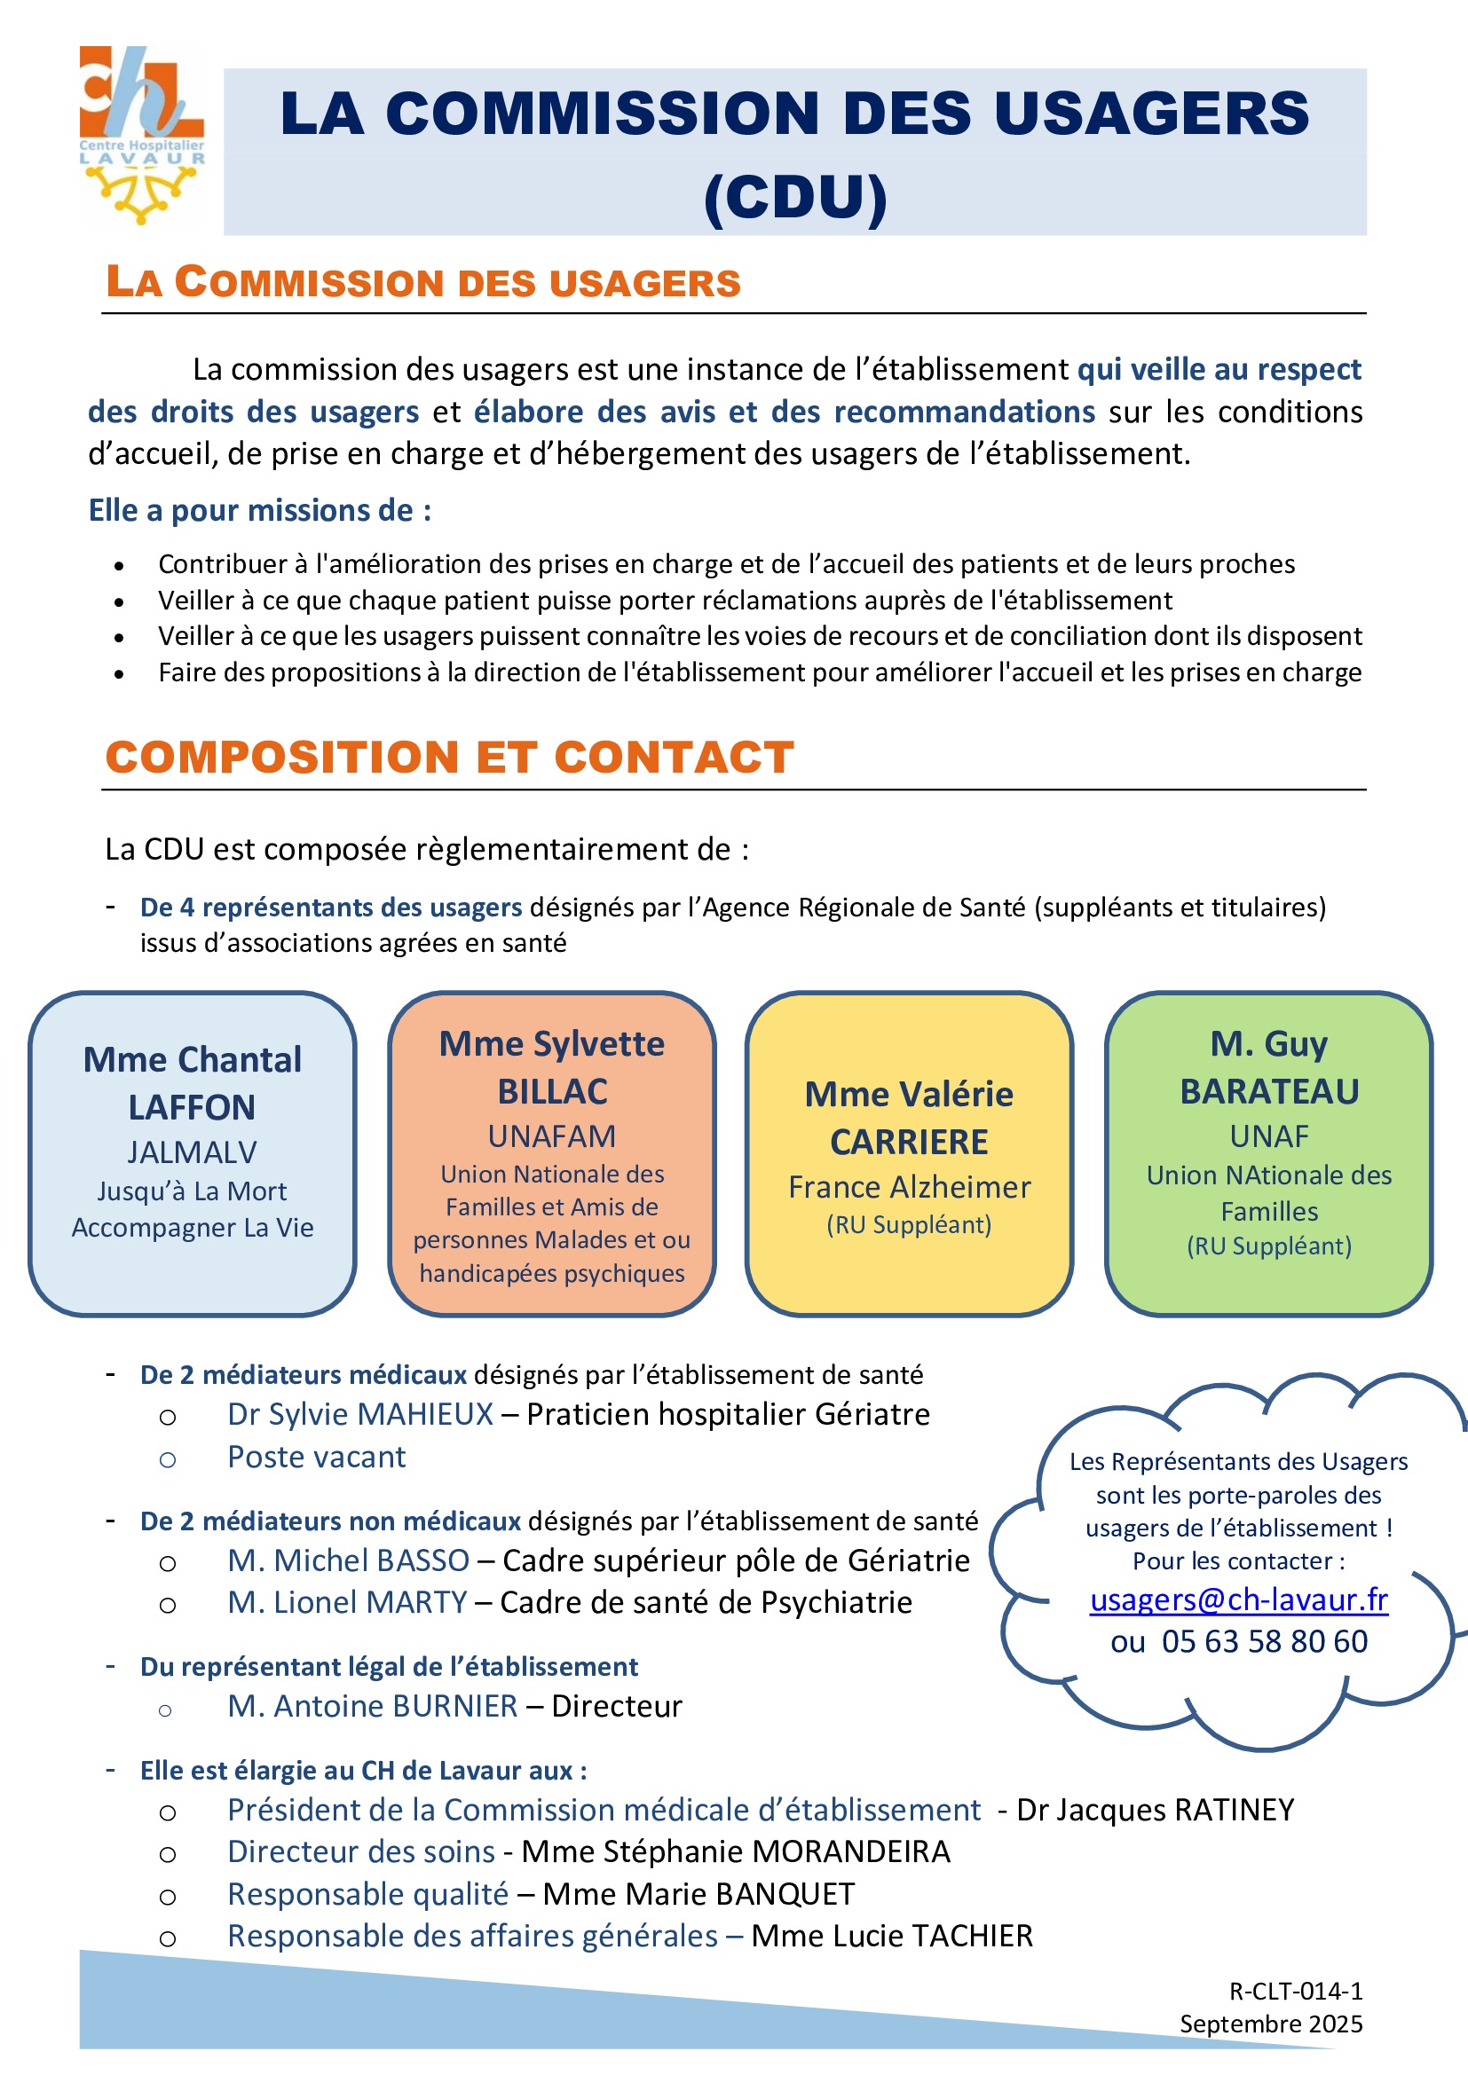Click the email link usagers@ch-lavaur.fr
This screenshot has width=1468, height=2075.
(1238, 1599)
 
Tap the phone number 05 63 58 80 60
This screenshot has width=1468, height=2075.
(1264, 1641)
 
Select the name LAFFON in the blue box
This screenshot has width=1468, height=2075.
(192, 1107)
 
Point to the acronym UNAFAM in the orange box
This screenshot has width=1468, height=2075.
(551, 1136)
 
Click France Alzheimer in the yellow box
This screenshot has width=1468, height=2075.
(909, 1187)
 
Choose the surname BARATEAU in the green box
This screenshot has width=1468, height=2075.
(1269, 1092)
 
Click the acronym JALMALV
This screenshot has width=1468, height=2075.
(192, 1152)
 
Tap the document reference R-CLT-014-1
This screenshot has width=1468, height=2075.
(1295, 1991)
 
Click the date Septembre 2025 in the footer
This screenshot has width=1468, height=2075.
(1271, 2024)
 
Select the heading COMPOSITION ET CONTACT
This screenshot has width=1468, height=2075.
(449, 757)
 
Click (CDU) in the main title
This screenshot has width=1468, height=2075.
(794, 196)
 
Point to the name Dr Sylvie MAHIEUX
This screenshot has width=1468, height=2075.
(359, 1414)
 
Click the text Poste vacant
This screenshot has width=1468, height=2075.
(316, 1457)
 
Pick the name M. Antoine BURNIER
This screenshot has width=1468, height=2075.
(373, 1705)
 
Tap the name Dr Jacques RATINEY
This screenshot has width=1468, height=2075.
(1156, 1809)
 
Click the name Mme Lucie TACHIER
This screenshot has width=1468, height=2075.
(891, 1936)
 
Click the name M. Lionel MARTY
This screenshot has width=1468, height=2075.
(347, 1602)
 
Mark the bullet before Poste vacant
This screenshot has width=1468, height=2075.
(167, 1459)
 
